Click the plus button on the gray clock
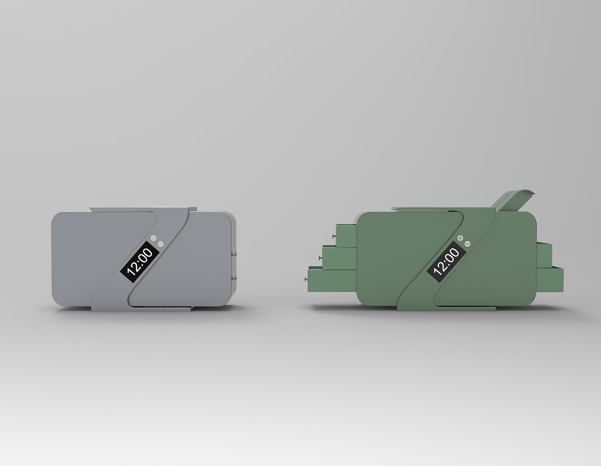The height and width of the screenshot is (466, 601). click(x=154, y=238)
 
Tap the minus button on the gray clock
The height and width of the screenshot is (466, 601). click(x=161, y=244)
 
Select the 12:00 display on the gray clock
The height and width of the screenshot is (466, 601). click(x=140, y=262)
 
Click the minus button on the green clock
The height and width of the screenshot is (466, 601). click(x=467, y=244)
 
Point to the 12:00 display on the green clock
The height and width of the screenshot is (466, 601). click(x=446, y=262)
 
